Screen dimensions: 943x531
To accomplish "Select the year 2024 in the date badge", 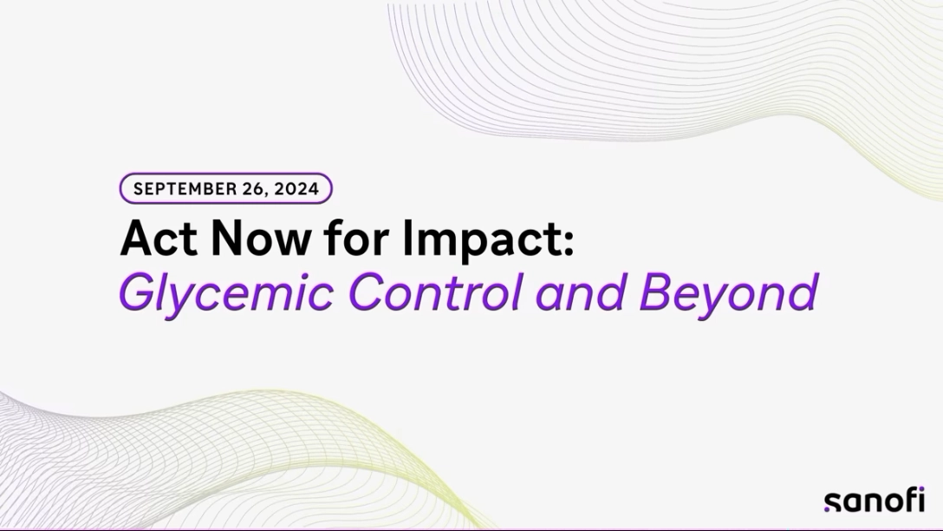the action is (x=296, y=189).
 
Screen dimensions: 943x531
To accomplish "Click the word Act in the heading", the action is (x=159, y=239).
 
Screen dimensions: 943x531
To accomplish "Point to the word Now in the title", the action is (x=260, y=239).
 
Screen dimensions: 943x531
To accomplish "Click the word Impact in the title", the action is (x=481, y=239).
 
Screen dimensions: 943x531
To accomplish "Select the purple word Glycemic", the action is (x=227, y=293).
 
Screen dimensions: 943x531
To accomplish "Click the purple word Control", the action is (x=435, y=292).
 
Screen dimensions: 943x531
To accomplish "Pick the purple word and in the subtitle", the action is (x=580, y=292).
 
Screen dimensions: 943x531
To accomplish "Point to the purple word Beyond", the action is (x=728, y=293).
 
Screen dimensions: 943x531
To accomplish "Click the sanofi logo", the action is (x=874, y=501).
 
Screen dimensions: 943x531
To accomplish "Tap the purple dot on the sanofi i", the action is (x=921, y=491).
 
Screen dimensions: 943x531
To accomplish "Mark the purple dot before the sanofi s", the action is (x=827, y=508).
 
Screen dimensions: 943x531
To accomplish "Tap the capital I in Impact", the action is (x=407, y=239).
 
